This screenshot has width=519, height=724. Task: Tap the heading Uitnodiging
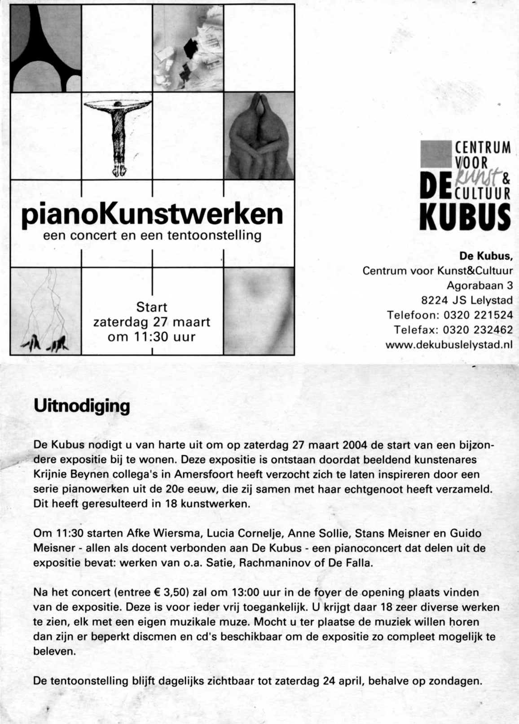[x=82, y=406]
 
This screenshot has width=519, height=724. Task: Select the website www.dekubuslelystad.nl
[x=449, y=345]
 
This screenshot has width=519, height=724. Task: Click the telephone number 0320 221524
[x=478, y=315]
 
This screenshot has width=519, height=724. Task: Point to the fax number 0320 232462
[x=478, y=330]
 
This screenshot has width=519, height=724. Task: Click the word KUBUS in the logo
[x=465, y=217]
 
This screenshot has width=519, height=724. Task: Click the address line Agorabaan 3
[x=479, y=285]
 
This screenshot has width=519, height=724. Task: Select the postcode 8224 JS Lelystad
[x=466, y=300]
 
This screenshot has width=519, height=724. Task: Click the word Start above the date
[x=151, y=307]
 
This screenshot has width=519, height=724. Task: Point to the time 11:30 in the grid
[x=151, y=337]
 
